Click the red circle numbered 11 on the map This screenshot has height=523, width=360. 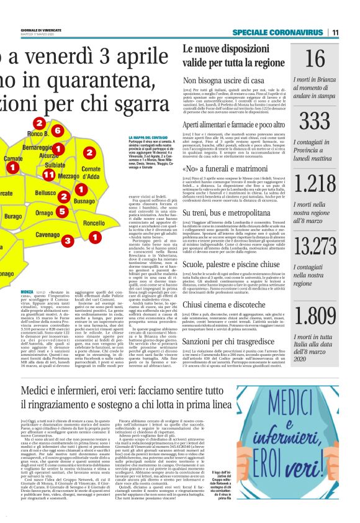pyautogui.click(x=48, y=175)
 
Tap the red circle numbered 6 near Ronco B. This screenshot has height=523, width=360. pyautogui.click(x=56, y=130)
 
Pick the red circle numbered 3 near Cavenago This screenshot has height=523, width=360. pyautogui.click(x=67, y=239)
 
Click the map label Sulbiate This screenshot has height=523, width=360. pyautogui.click(x=55, y=166)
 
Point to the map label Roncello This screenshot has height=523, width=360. pyautogui.click(x=94, y=223)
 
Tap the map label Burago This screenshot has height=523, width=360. pyautogui.click(x=12, y=216)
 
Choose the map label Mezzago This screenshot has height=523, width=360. pyautogui.click(x=68, y=176)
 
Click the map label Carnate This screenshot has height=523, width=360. pyautogui.click(x=13, y=160)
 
